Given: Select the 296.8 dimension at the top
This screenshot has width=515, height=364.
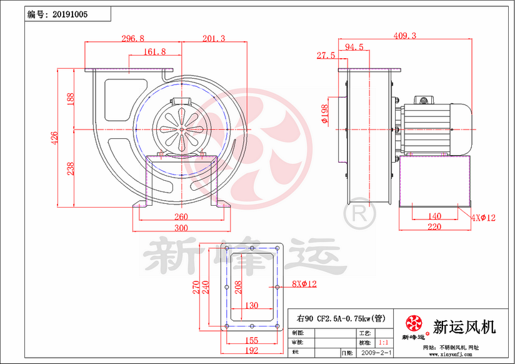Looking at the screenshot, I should pyautogui.click(x=132, y=39).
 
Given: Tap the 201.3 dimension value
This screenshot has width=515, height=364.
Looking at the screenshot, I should pyautogui.click(x=214, y=39).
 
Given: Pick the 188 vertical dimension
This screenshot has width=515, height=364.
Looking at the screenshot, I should pyautogui.click(x=71, y=99).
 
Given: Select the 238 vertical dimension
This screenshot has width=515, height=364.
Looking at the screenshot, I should pyautogui.click(x=71, y=168).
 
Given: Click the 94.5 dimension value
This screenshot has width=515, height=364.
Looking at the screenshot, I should pyautogui.click(x=354, y=47).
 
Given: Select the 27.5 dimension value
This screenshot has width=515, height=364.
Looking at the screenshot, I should pyautogui.click(x=326, y=56).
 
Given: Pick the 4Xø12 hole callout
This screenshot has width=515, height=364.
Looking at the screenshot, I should pyautogui.click(x=484, y=218).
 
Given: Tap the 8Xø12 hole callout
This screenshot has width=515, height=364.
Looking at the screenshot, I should pyautogui.click(x=304, y=284).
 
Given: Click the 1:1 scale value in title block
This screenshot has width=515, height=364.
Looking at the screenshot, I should pyautogui.click(x=383, y=343).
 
